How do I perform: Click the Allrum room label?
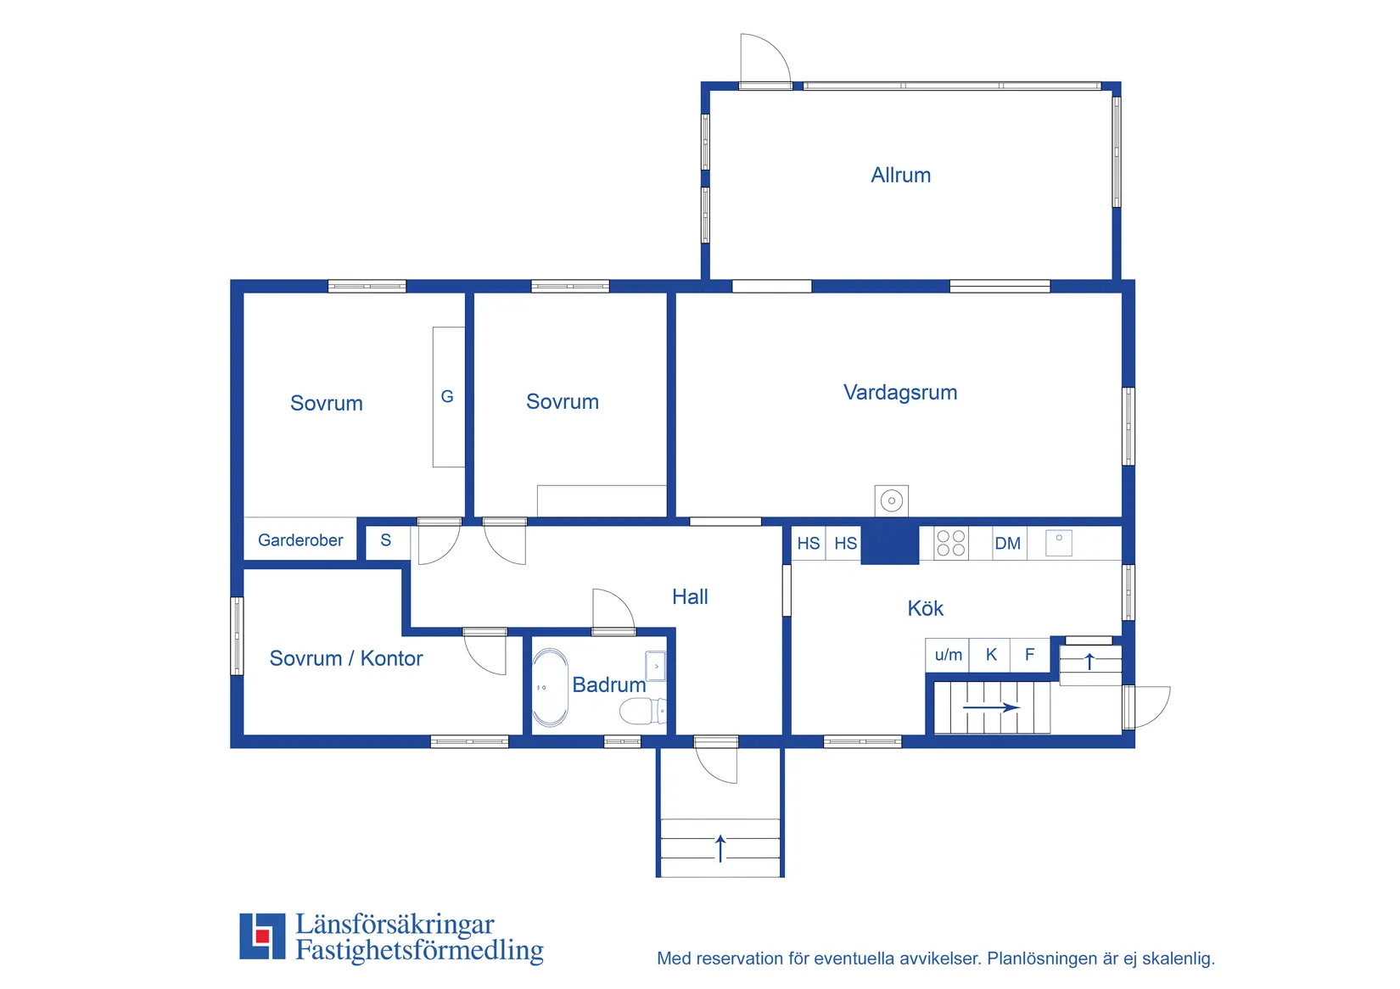900,175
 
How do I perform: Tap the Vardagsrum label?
900,393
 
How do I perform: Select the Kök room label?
925,608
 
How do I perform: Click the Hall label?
690,596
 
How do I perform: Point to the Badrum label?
608,684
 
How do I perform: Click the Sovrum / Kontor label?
345,658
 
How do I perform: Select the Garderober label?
300,539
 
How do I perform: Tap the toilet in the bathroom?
642,711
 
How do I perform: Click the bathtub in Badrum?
550,687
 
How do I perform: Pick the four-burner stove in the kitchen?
950,543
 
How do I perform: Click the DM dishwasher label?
1007,544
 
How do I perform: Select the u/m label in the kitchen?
948,655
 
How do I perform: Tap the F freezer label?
1029,654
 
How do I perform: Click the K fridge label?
991,654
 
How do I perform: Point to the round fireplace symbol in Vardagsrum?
891,500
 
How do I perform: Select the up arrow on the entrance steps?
720,848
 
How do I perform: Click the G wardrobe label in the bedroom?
447,396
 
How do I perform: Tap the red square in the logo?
262,936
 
